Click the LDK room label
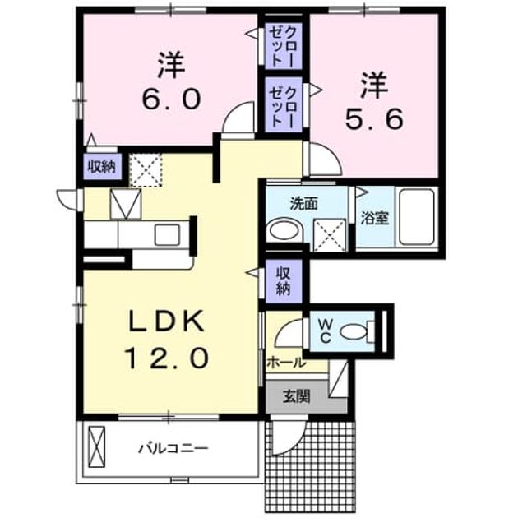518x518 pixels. tap(166, 321)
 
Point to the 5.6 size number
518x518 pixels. tap(374, 119)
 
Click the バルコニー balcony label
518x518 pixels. tap(173, 449)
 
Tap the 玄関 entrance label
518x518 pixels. tap(296, 396)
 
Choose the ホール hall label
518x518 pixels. tap(286, 363)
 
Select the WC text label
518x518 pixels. tap(326, 331)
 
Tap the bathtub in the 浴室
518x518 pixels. tap(416, 217)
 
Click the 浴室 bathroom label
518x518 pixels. tap(375, 218)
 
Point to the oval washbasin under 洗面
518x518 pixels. tap(284, 230)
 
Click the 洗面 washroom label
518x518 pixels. tap(304, 204)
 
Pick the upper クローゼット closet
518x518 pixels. tap(284, 46)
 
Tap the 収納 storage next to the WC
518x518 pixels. tap(284, 281)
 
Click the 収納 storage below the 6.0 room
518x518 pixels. tap(102, 167)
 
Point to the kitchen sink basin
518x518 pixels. tap(167, 234)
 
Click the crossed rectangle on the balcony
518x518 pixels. tap(97, 446)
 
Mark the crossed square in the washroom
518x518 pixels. tap(330, 235)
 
